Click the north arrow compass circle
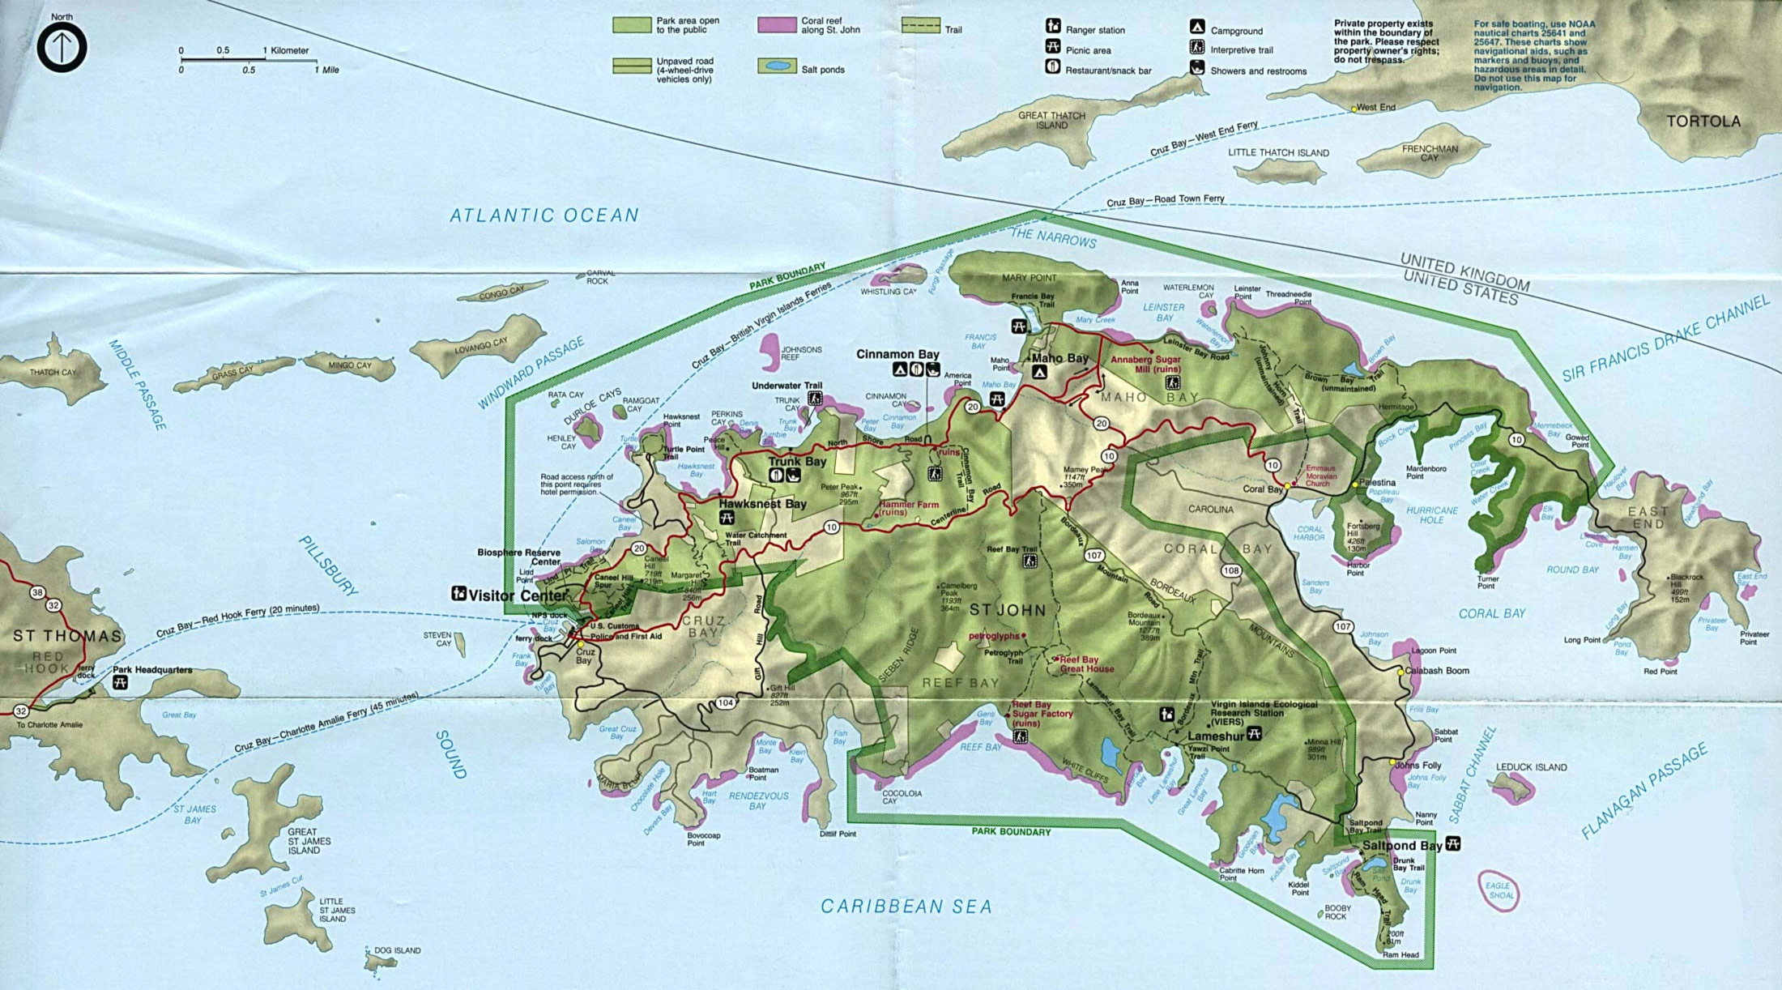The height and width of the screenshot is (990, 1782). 62,47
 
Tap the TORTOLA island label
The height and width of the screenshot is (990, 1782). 1703,122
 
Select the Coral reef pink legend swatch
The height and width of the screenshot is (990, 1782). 776,25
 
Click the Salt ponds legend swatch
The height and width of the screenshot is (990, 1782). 776,66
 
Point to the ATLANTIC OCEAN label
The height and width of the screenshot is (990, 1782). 544,215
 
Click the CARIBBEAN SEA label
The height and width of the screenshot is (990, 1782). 906,907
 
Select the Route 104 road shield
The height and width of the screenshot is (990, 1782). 725,702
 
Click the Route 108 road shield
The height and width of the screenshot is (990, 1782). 1231,570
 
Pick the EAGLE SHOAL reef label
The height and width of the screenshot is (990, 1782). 1498,890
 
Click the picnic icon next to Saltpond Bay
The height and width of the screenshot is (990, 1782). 1453,843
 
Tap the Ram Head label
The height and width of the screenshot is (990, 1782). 1400,954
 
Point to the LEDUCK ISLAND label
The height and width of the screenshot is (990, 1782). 1531,766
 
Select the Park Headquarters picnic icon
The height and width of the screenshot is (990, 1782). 120,683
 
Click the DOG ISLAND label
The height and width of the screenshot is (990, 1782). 397,950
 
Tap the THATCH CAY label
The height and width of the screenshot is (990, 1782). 53,373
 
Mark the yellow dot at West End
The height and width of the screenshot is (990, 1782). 1354,109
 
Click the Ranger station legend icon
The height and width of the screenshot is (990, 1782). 1052,27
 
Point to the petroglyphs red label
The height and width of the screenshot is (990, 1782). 994,636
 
